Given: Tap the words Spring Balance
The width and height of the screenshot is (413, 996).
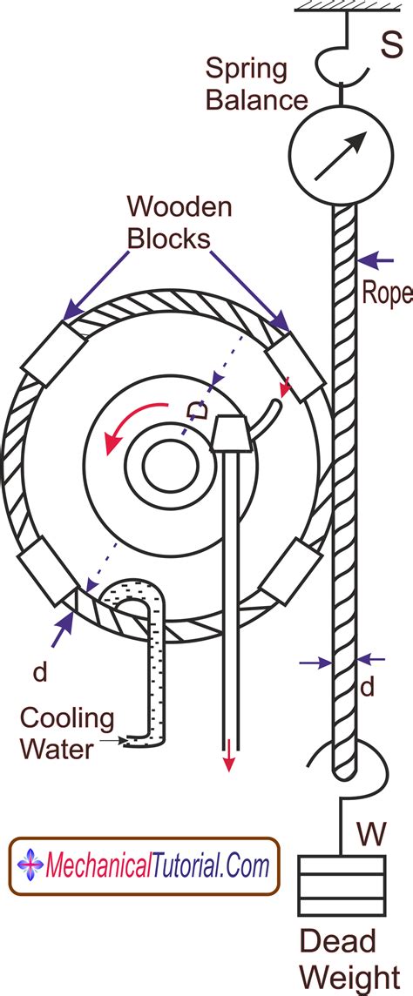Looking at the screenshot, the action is coord(257,84).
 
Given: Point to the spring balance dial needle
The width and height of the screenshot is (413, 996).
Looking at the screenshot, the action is coord(340,156).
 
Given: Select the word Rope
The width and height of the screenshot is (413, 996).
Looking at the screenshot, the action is coord(387,293).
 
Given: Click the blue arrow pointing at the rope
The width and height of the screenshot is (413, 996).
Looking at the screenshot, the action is coord(375,259).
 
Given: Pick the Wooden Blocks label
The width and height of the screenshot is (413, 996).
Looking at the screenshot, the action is coord(179,221).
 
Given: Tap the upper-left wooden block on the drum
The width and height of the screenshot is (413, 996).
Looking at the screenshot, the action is coord(54,353).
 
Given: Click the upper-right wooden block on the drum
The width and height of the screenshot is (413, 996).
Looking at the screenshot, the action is coord(297,366).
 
